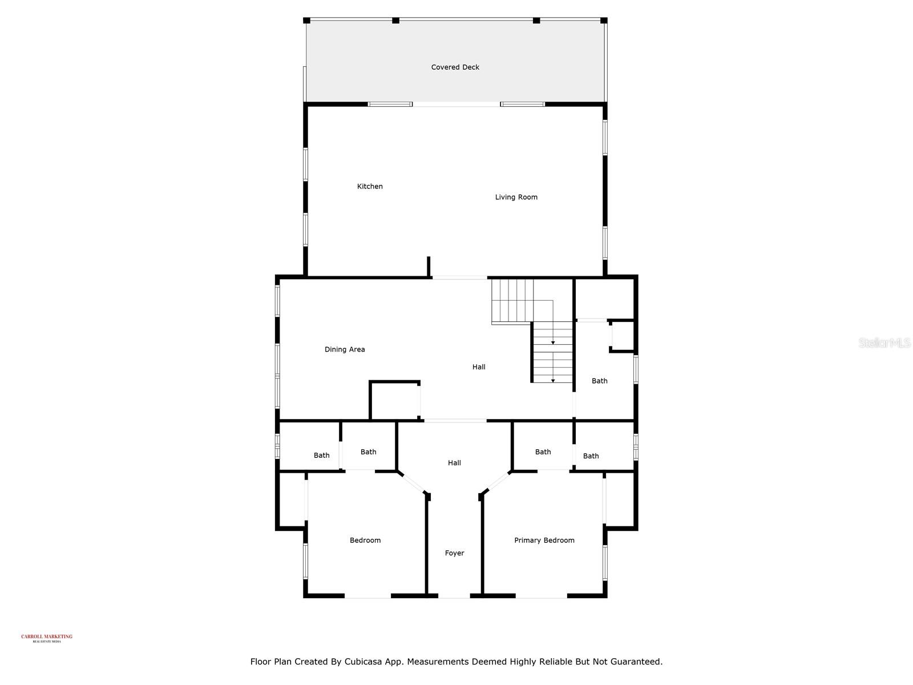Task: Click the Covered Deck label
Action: pos(455,67)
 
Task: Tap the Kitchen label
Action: pos(370,187)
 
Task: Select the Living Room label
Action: pos(516,198)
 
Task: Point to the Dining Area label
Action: pos(345,349)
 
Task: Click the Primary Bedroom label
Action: pos(544,540)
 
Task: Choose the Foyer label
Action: pos(454,553)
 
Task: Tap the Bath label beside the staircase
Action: pos(599,381)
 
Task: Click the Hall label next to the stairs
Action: pos(478,367)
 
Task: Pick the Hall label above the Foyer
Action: pos(454,463)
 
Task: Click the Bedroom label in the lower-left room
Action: pos(365,540)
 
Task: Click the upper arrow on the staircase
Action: pos(552,342)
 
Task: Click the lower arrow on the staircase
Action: pos(552,380)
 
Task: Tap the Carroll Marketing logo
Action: pos(47,638)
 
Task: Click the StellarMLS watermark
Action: pos(884,342)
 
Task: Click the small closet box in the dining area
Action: pos(395,400)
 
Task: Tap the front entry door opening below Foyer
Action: pos(454,597)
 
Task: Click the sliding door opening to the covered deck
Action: pos(456,104)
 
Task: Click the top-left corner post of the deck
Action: pos(306,21)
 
